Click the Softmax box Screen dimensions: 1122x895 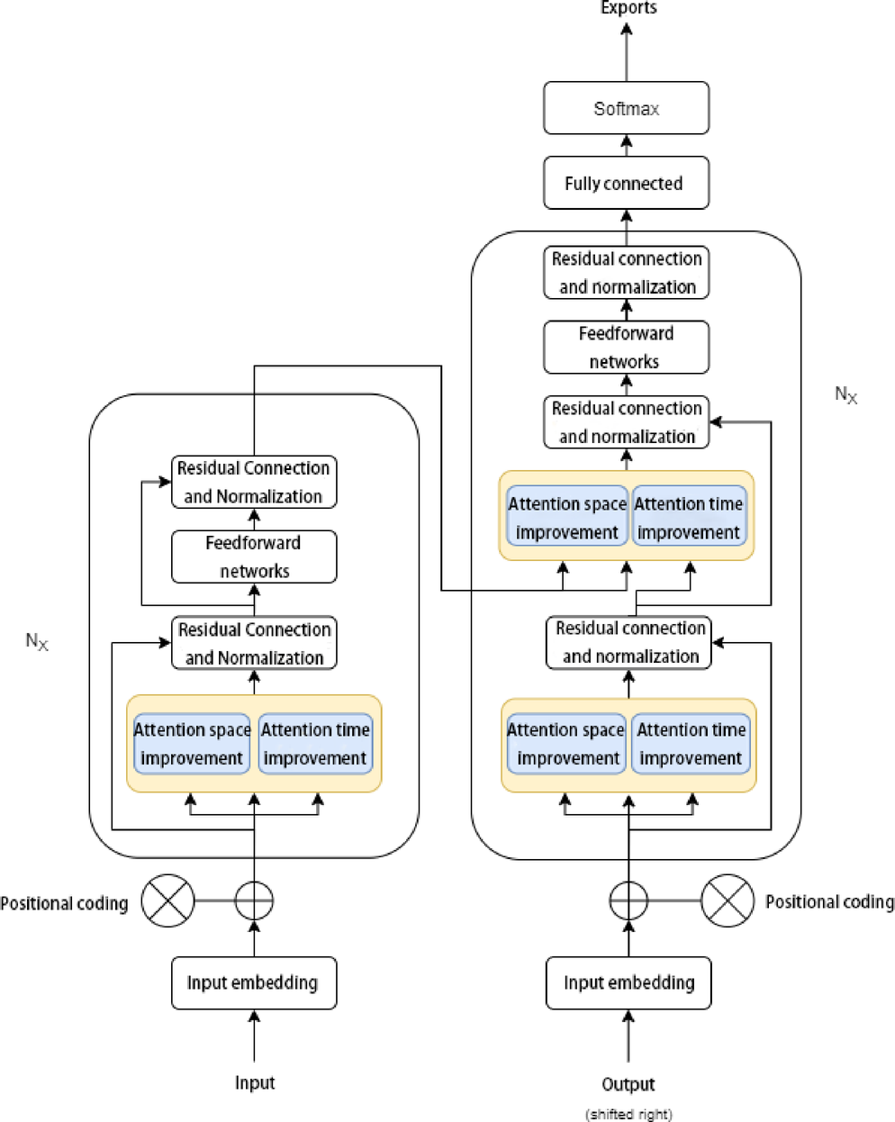pyautogui.click(x=626, y=109)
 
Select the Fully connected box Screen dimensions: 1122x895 pyautogui.click(x=626, y=184)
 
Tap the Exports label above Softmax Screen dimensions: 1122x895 pyautogui.click(x=628, y=8)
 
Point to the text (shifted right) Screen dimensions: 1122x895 pyautogui.click(x=628, y=1114)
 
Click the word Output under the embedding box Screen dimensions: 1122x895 pyautogui.click(x=628, y=1084)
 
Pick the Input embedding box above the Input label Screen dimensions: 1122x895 pyautogui.click(x=254, y=982)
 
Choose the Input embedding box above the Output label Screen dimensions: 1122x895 pyautogui.click(x=628, y=982)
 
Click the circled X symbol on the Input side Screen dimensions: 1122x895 pyautogui.click(x=168, y=900)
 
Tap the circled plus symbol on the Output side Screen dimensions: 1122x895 pyautogui.click(x=628, y=900)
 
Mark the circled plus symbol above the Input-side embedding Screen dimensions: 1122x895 pyautogui.click(x=254, y=900)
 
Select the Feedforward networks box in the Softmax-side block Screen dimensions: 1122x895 pyautogui.click(x=626, y=348)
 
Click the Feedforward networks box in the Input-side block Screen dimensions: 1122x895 pyautogui.click(x=254, y=556)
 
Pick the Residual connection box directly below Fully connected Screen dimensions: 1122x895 pyautogui.click(x=626, y=273)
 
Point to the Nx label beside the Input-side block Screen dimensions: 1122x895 pyautogui.click(x=37, y=641)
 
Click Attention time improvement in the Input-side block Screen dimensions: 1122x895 pyautogui.click(x=315, y=744)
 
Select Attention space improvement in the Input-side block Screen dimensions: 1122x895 pyautogui.click(x=192, y=744)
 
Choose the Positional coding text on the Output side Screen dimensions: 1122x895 pyautogui.click(x=829, y=901)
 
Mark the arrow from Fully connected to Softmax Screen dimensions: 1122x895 pyautogui.click(x=627, y=145)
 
